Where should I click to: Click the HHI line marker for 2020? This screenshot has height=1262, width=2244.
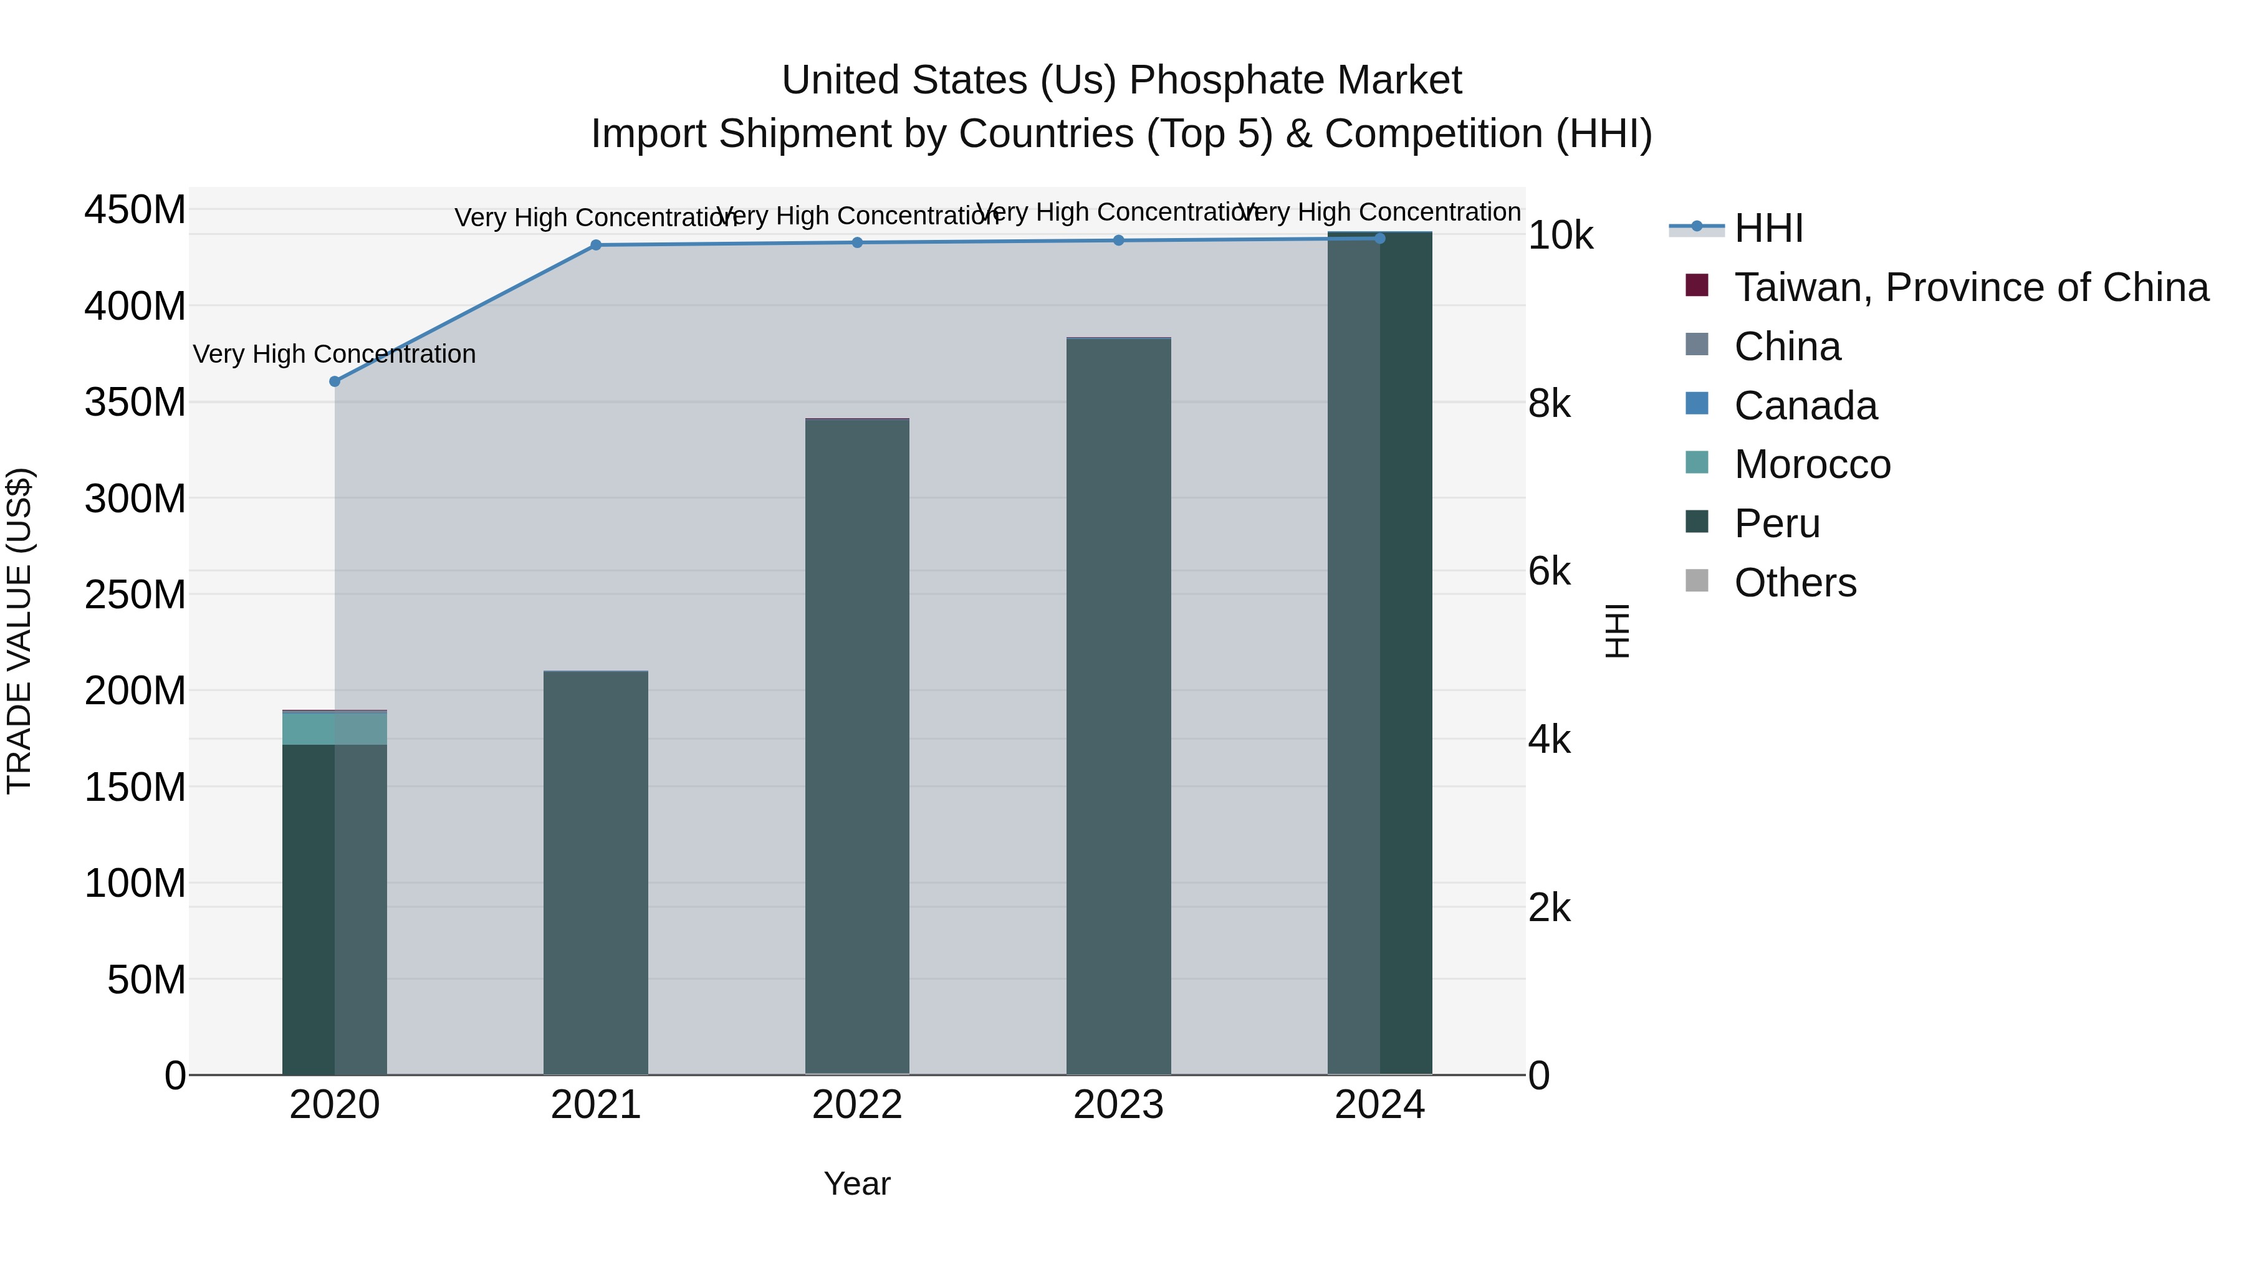pos(335,381)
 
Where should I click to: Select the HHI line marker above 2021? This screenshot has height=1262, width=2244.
pos(596,246)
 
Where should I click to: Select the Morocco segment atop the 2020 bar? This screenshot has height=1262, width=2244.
pos(335,728)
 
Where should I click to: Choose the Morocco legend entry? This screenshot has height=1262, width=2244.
pos(1812,464)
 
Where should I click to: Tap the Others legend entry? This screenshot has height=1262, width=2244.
pos(1795,583)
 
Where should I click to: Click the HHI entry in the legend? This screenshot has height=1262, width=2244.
pos(1768,228)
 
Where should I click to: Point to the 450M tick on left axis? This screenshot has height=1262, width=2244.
pos(135,210)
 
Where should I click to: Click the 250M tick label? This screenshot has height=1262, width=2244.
pos(135,595)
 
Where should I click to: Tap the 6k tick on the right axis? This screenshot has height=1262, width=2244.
pos(1549,571)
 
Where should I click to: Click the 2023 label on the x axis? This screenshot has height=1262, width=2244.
pos(1118,1105)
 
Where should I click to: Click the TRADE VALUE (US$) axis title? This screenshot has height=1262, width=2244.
pos(19,631)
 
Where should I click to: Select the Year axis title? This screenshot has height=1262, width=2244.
pos(857,1183)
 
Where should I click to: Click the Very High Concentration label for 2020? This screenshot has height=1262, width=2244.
pos(335,355)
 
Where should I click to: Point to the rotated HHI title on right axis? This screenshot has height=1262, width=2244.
pos(1617,631)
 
